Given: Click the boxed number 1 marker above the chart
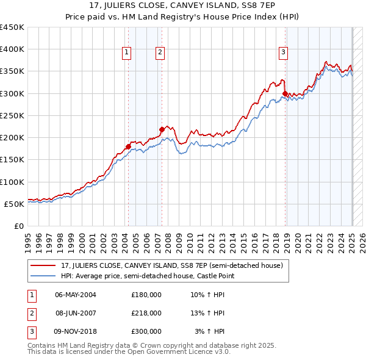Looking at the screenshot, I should tap(127, 53).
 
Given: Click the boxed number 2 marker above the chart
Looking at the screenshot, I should tap(160, 53).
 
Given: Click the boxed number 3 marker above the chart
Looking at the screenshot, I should tap(284, 53).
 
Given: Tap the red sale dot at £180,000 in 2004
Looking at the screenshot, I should tap(128, 146).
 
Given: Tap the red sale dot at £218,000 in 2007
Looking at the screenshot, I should tap(162, 129).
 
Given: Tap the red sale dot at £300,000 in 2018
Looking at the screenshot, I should tap(285, 93).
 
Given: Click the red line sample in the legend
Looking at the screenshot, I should tap(43, 266).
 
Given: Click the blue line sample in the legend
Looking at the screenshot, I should tap(43, 276).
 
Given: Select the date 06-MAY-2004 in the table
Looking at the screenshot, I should tap(76, 295).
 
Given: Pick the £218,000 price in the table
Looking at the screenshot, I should tap(146, 313).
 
